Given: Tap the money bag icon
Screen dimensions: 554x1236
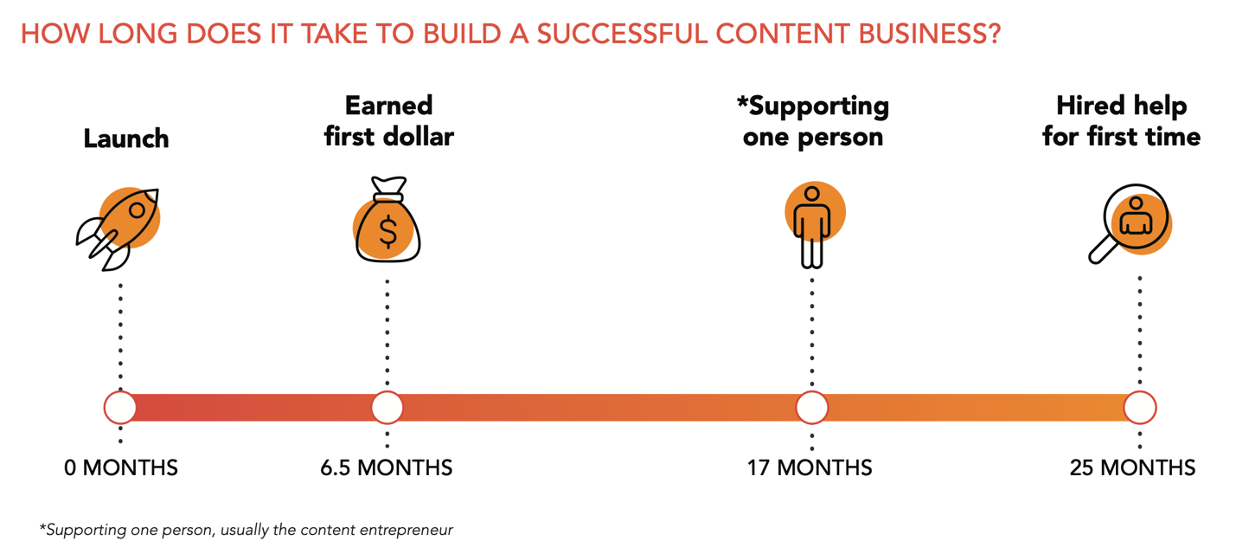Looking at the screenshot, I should (387, 222).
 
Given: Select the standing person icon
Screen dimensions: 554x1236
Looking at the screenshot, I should (812, 225).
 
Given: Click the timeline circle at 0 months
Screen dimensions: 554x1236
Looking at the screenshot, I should (120, 407).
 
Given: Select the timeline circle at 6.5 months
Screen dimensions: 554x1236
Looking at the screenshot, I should (387, 407).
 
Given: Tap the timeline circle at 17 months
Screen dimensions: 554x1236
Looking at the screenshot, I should (811, 407).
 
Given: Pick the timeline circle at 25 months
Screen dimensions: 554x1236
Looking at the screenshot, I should (1140, 407).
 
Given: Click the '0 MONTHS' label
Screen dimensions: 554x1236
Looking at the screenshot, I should (121, 468).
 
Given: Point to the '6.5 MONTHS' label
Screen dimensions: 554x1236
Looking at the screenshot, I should (386, 468).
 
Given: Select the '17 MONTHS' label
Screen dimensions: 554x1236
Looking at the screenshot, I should (810, 468).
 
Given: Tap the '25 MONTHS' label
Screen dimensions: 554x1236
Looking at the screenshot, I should (1132, 468).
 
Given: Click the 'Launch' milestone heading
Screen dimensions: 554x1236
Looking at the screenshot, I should (126, 138).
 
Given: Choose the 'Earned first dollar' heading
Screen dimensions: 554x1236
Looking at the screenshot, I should (388, 121).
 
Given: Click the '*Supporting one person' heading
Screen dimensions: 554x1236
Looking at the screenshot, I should (812, 121).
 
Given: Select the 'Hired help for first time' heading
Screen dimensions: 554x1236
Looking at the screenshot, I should (1121, 121).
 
